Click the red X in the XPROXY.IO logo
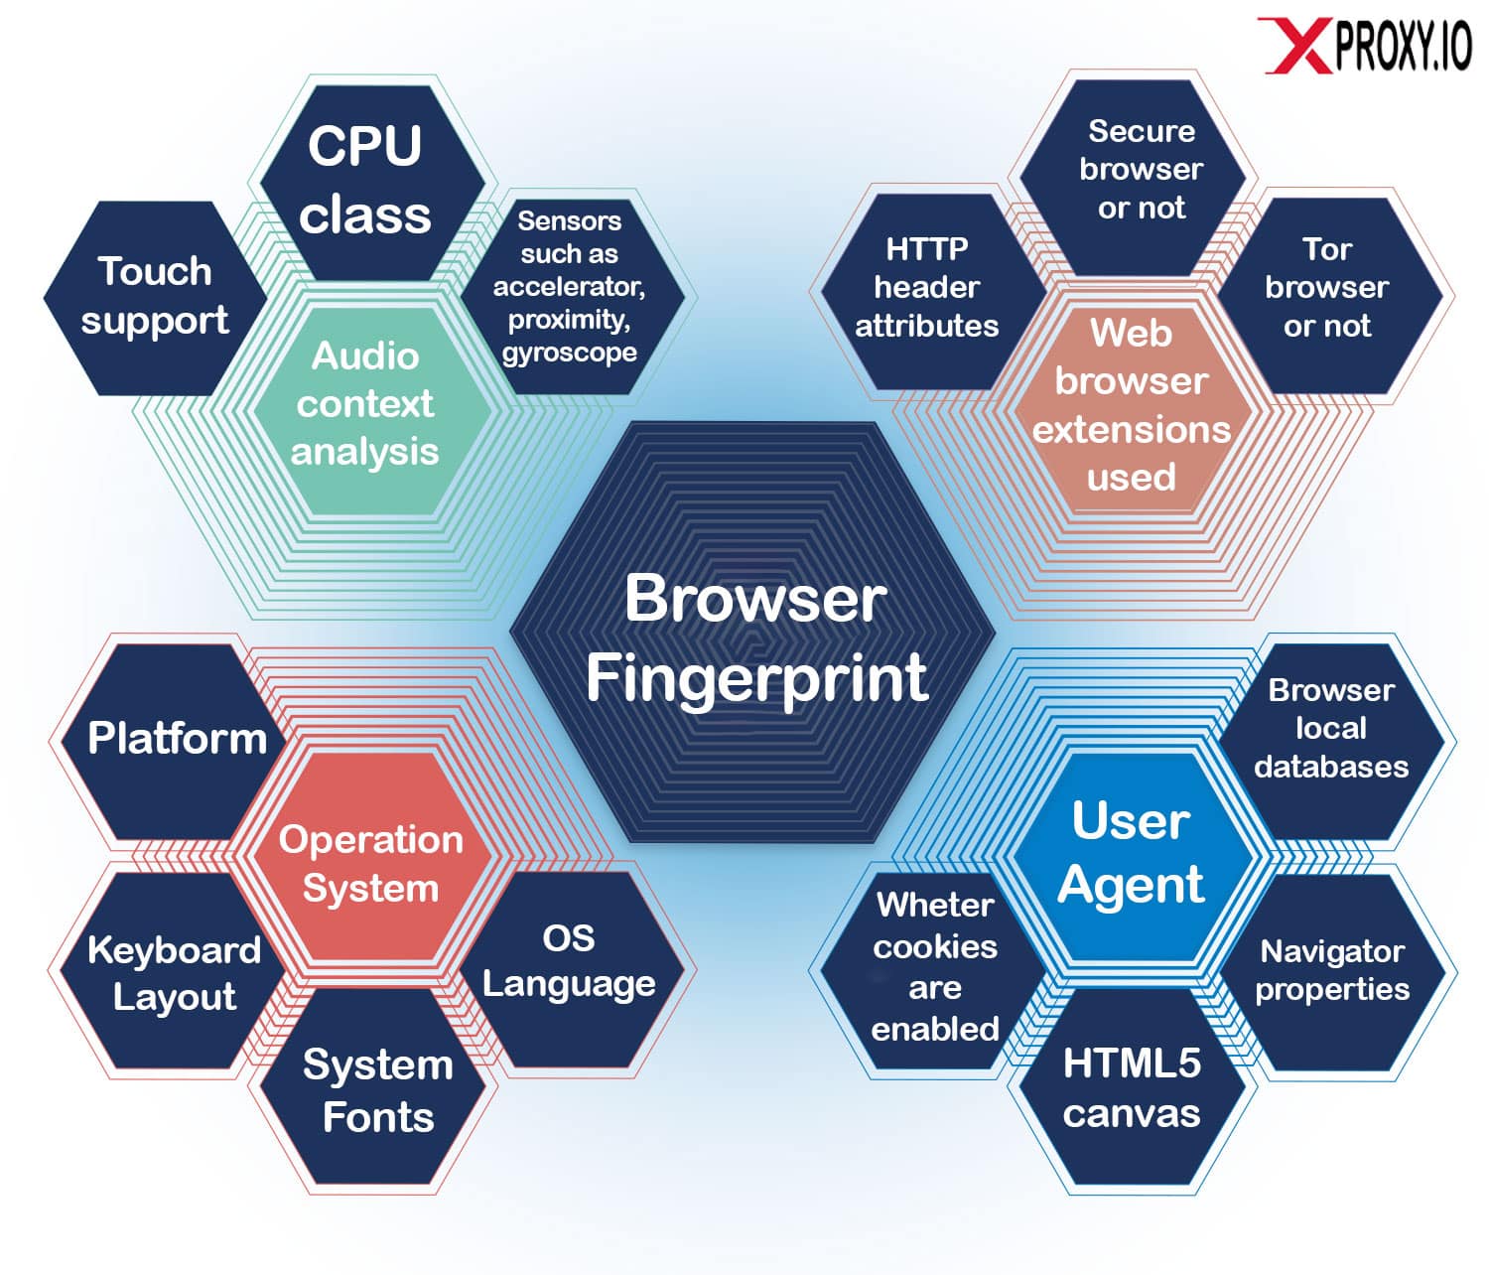click(1293, 45)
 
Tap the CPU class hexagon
click(372, 183)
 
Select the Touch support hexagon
click(155, 298)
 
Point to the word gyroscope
click(569, 353)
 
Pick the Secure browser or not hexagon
click(1133, 178)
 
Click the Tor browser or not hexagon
click(1330, 296)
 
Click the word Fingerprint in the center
click(756, 677)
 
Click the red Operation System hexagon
click(372, 856)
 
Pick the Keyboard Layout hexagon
click(173, 970)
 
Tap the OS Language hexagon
click(571, 969)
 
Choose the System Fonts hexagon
click(372, 1085)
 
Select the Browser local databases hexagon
click(1331, 742)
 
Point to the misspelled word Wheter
click(935, 906)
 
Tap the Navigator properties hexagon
click(1333, 972)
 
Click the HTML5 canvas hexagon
click(1133, 1086)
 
